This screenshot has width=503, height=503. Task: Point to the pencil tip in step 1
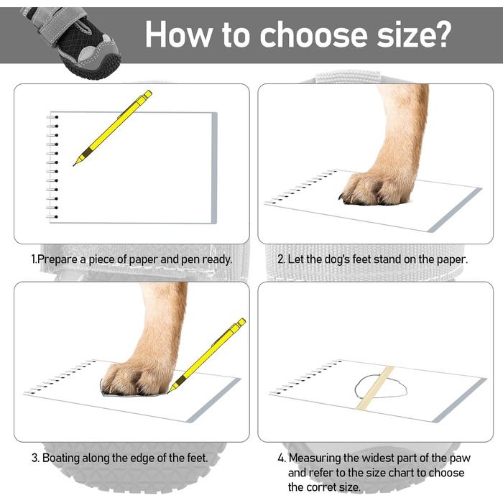(x=74, y=165)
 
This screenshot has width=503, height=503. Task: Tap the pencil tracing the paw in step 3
(x=206, y=356)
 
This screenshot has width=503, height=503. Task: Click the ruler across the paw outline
(x=375, y=387)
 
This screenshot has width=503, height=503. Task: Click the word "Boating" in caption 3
(x=61, y=458)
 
